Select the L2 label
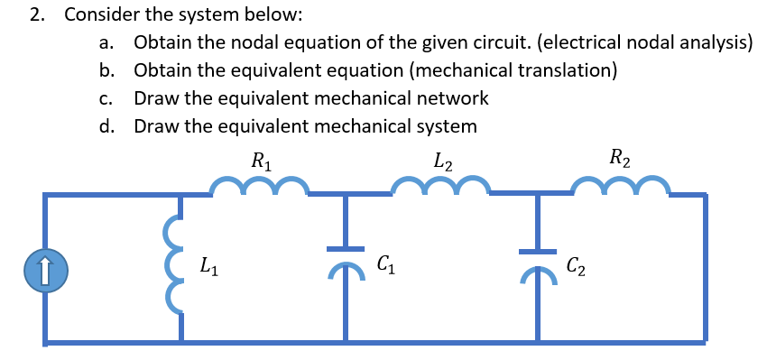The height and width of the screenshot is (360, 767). tap(442, 162)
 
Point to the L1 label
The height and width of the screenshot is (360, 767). tap(207, 266)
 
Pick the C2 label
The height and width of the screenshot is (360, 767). tap(575, 266)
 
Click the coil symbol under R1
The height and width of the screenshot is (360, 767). tap(260, 186)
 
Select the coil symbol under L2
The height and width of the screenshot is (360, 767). tap(441, 186)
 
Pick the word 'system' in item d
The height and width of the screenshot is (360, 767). tap(448, 125)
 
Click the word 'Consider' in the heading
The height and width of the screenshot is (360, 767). tap(101, 15)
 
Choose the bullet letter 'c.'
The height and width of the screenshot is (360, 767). tap(106, 98)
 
